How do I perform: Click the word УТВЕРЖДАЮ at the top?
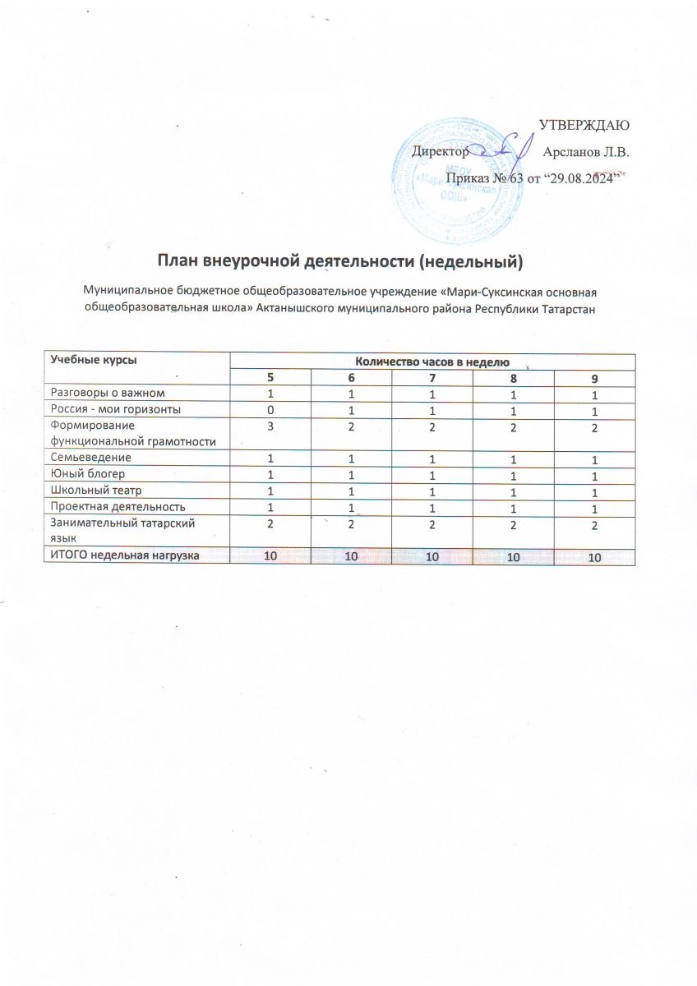coord(584,126)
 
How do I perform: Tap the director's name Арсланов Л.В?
coord(586,152)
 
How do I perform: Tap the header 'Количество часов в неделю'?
coord(432,362)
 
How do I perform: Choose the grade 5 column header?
coord(269,377)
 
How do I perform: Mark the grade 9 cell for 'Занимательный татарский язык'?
coord(593,527)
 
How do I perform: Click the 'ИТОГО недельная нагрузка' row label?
coord(124,556)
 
